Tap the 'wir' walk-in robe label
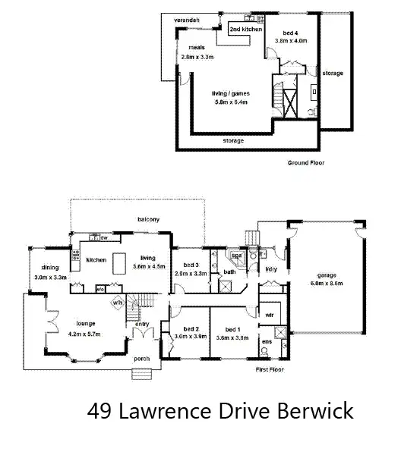point(269,314)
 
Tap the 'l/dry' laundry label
point(270,268)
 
